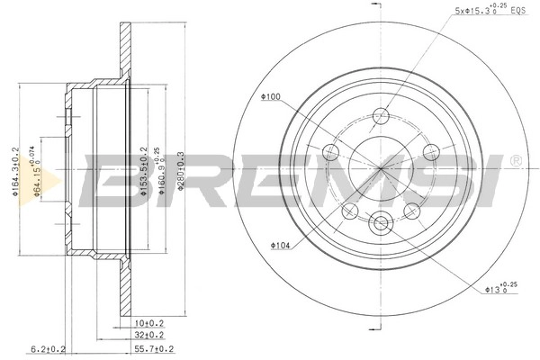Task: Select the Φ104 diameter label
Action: point(279,244)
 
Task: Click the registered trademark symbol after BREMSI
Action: point(515,161)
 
